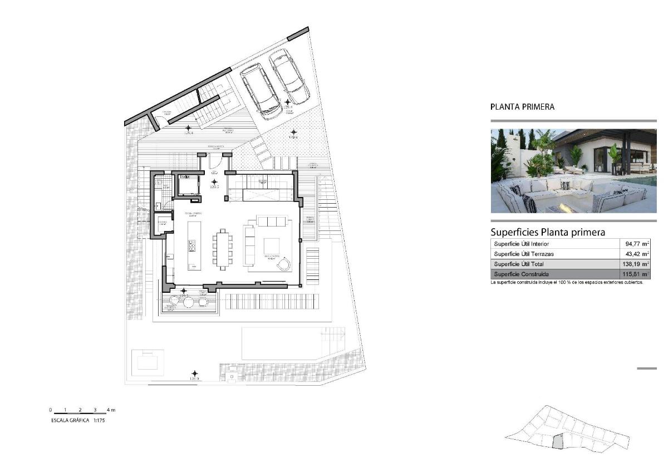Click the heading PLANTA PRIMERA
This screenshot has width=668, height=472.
[x=522, y=107]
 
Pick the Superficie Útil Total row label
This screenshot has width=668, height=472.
[x=519, y=264]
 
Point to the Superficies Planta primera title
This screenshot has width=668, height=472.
[x=547, y=232]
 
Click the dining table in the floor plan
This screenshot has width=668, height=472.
[x=223, y=248]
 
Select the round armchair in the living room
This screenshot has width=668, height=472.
[x=284, y=263]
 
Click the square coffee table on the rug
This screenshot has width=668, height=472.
[x=272, y=245]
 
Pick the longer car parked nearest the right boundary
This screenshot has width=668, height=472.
[x=289, y=76]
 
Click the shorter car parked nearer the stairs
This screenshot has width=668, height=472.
[x=260, y=91]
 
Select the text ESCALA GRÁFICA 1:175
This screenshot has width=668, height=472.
[x=78, y=421]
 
